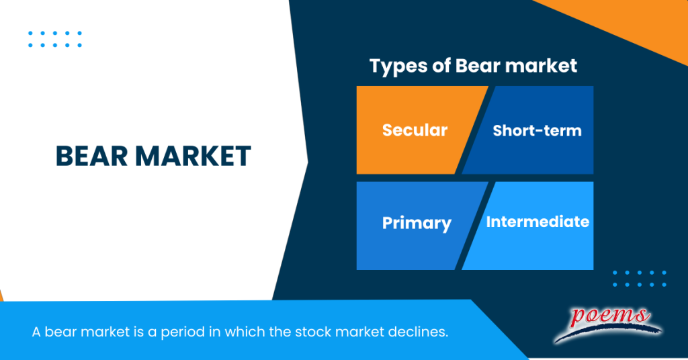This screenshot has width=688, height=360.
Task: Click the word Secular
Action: [x=415, y=130]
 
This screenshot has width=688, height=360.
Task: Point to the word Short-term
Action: [x=537, y=130]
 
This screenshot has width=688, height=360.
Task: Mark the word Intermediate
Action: [x=537, y=221]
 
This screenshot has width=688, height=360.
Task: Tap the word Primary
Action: [x=416, y=223]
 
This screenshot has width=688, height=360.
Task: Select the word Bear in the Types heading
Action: [x=476, y=66]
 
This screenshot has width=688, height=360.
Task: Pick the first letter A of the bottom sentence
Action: [x=36, y=332]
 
